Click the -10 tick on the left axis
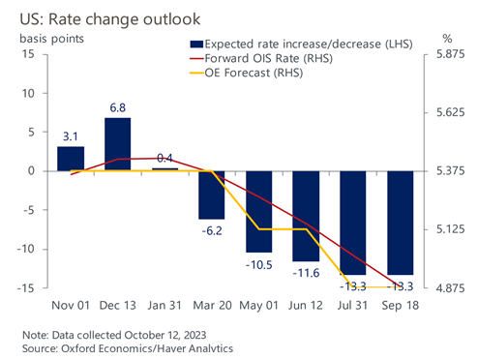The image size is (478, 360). tap(28, 249)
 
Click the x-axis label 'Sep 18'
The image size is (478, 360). tap(400, 306)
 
